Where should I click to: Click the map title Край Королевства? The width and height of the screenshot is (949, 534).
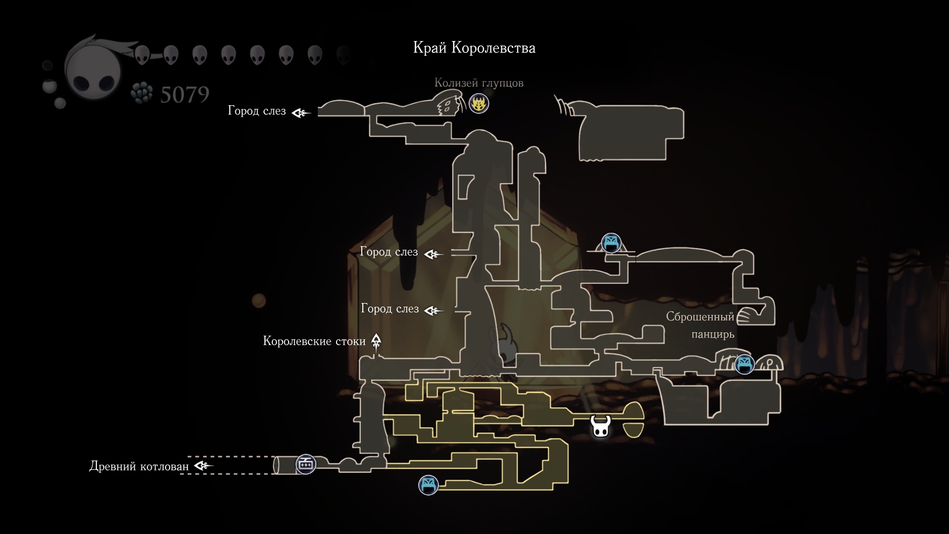click(474, 48)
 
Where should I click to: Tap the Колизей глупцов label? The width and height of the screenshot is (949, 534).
click(478, 83)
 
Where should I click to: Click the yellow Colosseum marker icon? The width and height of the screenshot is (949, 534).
click(478, 104)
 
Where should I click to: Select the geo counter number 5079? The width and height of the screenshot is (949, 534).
click(185, 94)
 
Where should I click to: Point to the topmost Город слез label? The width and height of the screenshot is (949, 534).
click(257, 111)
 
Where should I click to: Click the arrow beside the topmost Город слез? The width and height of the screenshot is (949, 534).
click(301, 113)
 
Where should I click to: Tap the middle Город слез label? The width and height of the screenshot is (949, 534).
click(388, 252)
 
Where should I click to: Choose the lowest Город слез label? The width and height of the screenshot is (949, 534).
click(389, 309)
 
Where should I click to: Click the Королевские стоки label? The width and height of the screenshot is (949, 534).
click(314, 341)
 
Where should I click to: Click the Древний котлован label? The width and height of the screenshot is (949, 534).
click(139, 466)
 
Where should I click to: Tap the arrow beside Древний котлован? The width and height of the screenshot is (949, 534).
click(203, 466)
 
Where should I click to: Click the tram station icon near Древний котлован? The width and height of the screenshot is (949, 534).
click(305, 464)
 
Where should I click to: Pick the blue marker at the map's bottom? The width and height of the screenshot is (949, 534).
click(428, 485)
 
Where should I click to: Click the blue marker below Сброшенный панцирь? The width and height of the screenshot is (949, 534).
click(744, 364)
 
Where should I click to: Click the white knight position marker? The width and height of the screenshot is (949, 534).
click(601, 426)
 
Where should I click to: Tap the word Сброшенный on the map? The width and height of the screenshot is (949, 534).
click(700, 317)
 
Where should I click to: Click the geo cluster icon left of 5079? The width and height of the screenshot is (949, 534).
click(142, 93)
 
